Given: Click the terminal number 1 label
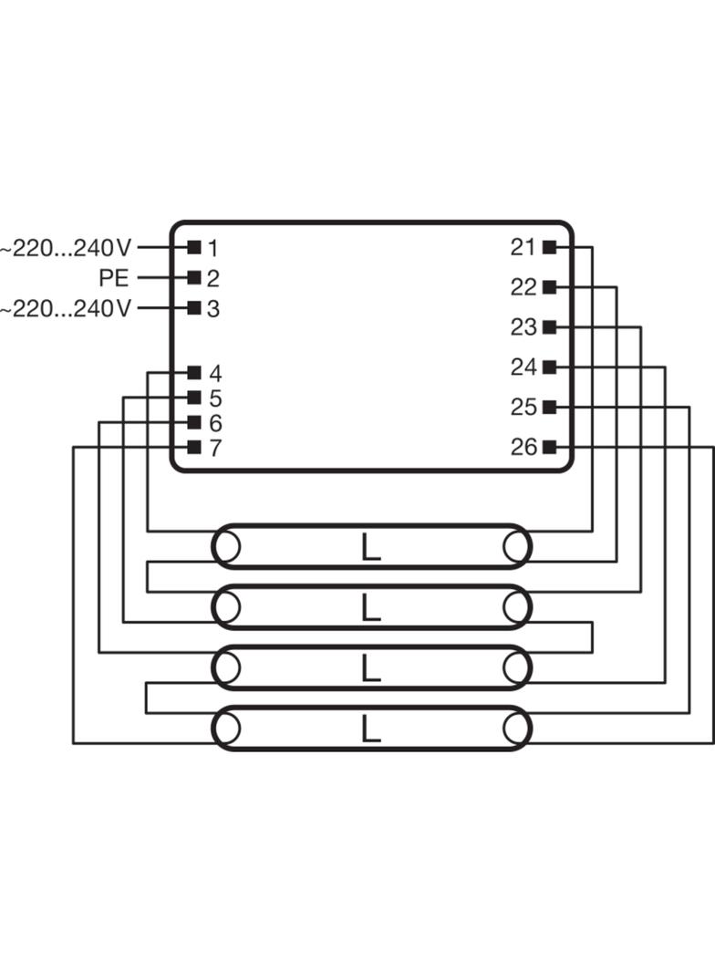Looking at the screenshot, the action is click(212, 249).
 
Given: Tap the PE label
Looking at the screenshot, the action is click(114, 278).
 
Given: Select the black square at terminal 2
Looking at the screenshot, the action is click(194, 277).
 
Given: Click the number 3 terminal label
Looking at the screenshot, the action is click(212, 308).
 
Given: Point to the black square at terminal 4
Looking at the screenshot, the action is click(194, 372).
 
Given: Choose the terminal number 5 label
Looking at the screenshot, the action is click(214, 398).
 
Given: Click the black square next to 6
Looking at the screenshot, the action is click(194, 422).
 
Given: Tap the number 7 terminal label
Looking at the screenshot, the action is click(214, 448).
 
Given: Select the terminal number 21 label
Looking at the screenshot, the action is click(523, 247).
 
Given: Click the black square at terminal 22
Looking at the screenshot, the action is click(549, 287).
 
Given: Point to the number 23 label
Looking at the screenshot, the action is click(523, 326).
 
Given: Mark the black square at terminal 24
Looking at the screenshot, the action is click(549, 367).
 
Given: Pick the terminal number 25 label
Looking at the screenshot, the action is click(523, 407).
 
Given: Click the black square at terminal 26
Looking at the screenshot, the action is click(549, 446).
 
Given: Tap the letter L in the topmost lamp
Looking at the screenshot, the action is click(370, 547).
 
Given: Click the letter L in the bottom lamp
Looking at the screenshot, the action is click(370, 729).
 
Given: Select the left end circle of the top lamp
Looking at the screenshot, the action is click(226, 547).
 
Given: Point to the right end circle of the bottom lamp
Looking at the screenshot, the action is click(516, 729).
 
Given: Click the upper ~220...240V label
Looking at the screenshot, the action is click(66, 248).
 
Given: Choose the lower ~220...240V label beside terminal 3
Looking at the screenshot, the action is click(66, 308).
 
